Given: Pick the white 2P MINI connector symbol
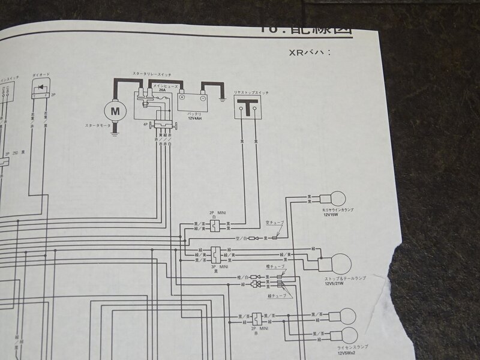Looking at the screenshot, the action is coord(214,226).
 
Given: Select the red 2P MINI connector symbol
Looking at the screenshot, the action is coord(257,319).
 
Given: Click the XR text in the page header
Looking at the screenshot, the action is coord(295,52).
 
